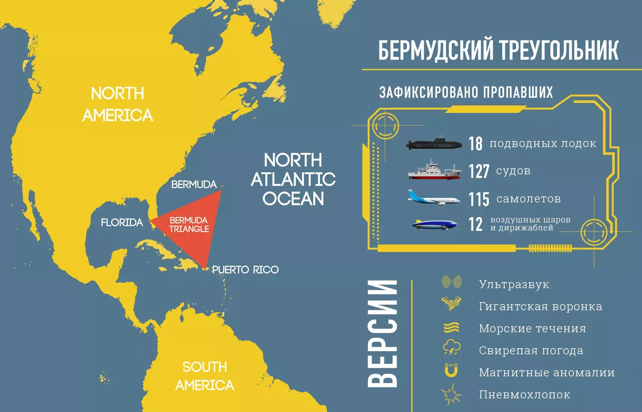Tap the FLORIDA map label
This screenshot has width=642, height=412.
(122, 222)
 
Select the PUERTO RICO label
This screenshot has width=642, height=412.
(245, 270)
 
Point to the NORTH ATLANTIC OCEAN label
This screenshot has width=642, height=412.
(293, 180)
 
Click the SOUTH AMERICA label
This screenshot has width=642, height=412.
(205, 376)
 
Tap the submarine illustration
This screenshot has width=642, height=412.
(434, 144)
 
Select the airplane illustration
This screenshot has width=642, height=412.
(434, 198)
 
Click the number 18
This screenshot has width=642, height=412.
(475, 143)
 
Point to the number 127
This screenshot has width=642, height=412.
(479, 172)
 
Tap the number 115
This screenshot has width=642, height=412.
(479, 199)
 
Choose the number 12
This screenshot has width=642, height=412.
(475, 224)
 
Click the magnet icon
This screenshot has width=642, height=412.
(451, 370)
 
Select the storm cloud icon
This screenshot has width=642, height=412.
(451, 347)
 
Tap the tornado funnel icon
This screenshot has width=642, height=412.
(451, 303)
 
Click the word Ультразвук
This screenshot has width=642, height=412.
(514, 285)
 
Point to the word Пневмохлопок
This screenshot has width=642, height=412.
(524, 395)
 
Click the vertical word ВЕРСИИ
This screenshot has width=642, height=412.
(382, 333)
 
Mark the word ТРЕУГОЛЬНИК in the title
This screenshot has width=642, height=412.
(559, 50)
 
